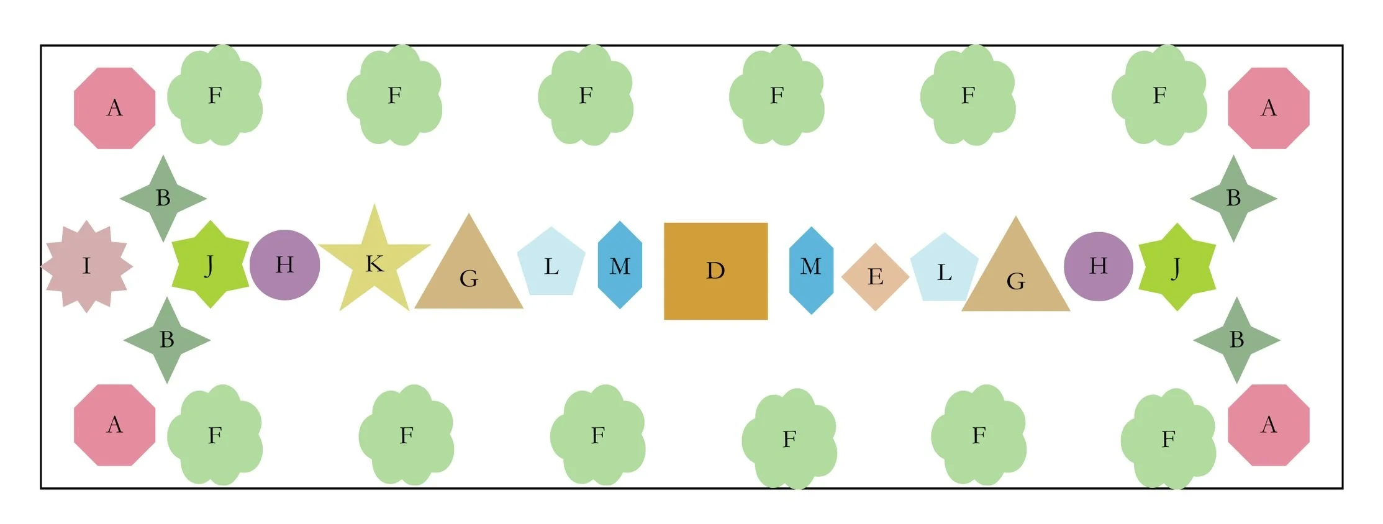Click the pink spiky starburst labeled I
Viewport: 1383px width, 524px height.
86,266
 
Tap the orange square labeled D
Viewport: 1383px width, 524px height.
715,271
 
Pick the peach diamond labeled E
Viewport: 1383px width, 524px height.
875,276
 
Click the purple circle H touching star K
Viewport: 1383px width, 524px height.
284,265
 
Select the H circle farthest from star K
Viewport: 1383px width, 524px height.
1098,266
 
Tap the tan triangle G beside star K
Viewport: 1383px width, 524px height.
469,273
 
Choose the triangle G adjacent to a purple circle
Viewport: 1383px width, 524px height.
1015,276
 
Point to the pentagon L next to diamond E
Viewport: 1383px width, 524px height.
944,270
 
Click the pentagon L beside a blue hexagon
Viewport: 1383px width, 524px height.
551,264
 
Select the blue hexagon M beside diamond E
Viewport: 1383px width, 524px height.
811,270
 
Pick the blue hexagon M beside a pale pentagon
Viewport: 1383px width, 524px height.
620,265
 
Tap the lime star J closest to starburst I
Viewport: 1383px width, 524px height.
210,264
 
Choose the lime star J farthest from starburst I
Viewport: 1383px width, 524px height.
1177,267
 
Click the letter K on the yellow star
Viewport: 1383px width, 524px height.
374,264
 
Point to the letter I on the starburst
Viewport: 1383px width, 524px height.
86,266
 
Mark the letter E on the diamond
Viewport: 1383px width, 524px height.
875,276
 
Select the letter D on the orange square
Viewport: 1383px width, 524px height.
715,271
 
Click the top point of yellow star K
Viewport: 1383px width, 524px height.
374,205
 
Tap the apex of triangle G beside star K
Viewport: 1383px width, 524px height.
469,215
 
